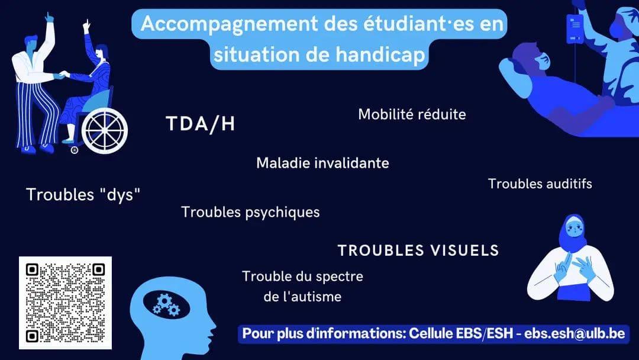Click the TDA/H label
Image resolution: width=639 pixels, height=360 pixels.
(201, 124)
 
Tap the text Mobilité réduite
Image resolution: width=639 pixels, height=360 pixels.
(412, 114)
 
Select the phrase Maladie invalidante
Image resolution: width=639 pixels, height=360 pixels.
(323, 163)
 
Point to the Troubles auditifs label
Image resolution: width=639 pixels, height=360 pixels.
(540, 184)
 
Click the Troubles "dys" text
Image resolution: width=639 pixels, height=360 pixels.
(83, 194)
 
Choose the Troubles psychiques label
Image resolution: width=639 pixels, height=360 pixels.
(250, 213)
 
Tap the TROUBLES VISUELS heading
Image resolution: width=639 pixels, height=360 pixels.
(418, 250)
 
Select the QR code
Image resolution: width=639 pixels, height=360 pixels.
(65, 303)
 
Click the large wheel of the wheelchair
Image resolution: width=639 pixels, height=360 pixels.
(105, 131)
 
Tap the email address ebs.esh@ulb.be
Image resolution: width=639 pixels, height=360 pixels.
(575, 333)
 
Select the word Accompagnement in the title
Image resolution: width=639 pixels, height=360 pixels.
(229, 24)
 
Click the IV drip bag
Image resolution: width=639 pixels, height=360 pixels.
(574, 28)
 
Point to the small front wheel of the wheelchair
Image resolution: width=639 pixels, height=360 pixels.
(74, 150)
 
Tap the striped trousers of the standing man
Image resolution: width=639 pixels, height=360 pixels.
(37, 114)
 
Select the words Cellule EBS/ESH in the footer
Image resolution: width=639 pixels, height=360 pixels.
(461, 333)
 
